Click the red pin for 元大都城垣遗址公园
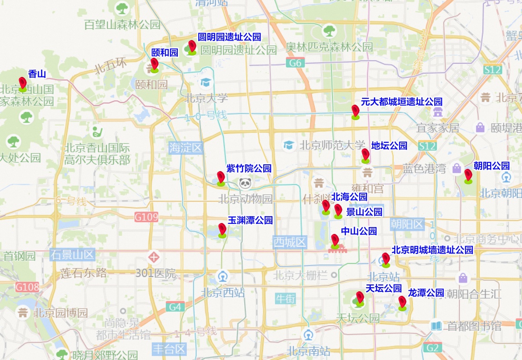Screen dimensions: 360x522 tap(356, 111)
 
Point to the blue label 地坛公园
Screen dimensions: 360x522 tap(389, 146)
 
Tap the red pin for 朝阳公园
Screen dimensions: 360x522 tap(468, 175)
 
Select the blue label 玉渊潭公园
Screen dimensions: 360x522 tap(250, 220)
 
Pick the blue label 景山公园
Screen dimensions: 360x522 tap(364, 212)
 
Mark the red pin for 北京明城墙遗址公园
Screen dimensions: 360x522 tap(386, 259)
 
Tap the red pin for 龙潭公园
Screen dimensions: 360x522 tap(402, 302)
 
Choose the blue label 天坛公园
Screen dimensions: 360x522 tap(384, 288)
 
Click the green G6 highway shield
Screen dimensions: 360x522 tap(295, 63)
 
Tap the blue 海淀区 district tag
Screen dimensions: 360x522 tap(185, 147)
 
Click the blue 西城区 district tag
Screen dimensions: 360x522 tap(290, 242)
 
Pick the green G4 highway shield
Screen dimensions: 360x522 tap(175, 307)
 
